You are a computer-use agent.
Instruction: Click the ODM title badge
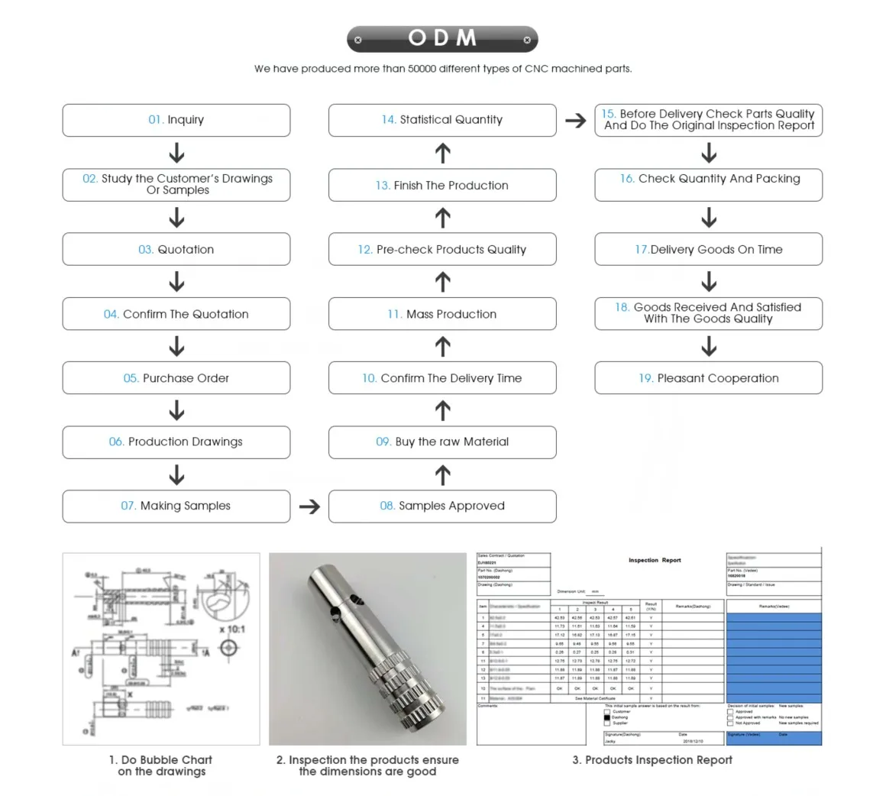(x=442, y=38)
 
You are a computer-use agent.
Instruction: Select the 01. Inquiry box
(x=176, y=120)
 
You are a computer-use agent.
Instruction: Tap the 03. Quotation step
(x=176, y=250)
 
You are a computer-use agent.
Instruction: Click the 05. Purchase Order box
(x=176, y=378)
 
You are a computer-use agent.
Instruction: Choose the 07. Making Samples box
(x=176, y=506)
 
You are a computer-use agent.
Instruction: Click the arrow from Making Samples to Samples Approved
(x=309, y=506)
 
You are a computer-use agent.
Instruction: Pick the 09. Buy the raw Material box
(x=442, y=442)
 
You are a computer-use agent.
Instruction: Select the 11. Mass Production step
(x=442, y=314)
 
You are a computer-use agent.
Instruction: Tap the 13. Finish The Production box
(x=442, y=186)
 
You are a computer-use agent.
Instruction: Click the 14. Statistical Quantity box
(x=442, y=120)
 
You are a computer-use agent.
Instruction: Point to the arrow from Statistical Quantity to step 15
(x=575, y=120)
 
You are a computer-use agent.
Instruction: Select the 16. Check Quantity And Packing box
(x=709, y=179)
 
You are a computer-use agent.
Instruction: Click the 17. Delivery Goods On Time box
(x=709, y=250)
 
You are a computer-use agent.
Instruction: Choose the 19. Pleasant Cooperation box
(x=709, y=378)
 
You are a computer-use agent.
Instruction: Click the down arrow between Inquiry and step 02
(x=176, y=153)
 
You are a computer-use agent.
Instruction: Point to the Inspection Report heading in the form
(x=655, y=560)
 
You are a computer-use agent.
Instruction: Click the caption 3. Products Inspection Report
(x=652, y=760)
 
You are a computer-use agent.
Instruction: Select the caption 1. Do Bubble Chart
(x=160, y=760)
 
